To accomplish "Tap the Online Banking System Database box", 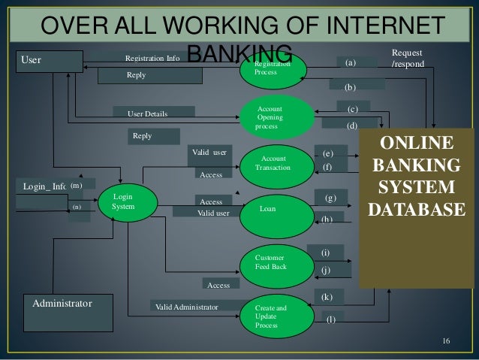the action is (417, 174).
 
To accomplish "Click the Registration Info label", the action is (152, 58).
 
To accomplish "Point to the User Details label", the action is (148, 113).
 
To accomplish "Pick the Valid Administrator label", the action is (186, 307).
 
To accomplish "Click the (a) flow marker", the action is (351, 64).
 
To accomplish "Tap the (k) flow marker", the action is (327, 298).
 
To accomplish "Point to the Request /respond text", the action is (407, 59).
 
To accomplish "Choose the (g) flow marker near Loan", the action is (330, 198).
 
